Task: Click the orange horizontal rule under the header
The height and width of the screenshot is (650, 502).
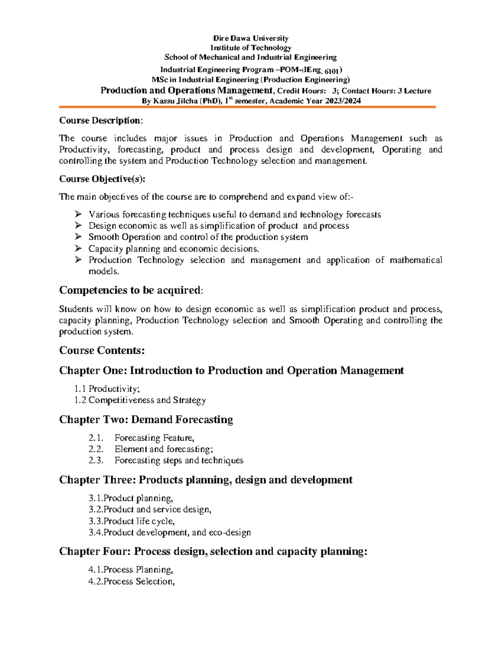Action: tap(247, 107)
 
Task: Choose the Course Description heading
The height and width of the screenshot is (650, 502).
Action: tap(100, 121)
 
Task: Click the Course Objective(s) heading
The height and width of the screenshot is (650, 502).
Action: tap(102, 179)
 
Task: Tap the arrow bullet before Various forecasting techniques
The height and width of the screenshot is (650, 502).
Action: tap(78, 214)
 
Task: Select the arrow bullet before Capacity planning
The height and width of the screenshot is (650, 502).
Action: tap(78, 249)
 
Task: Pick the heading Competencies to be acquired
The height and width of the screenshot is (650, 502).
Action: tap(131, 290)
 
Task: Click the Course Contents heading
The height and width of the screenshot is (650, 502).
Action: tap(102, 350)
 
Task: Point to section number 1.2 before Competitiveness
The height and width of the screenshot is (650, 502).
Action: tap(80, 400)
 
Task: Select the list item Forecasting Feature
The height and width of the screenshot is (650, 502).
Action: tap(154, 438)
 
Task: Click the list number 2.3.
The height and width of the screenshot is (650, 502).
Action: tap(96, 460)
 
